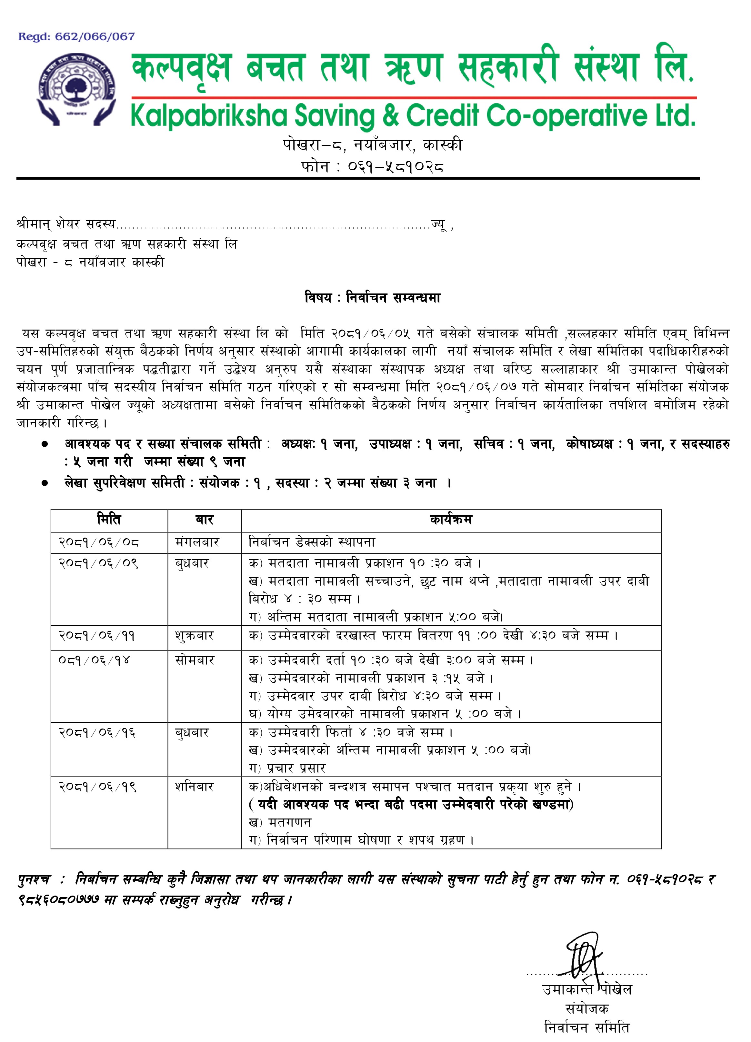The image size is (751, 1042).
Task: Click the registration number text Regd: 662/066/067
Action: point(76,36)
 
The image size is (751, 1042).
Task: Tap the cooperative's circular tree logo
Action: point(76,90)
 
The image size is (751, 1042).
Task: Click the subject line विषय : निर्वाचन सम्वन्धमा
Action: point(372,298)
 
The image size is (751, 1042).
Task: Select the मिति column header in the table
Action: point(109,520)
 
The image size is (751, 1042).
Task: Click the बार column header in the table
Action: point(204,520)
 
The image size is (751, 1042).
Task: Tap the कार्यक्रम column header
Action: point(450,520)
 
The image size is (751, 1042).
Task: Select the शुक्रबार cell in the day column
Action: point(195,636)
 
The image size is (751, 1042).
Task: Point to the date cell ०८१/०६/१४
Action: point(95,660)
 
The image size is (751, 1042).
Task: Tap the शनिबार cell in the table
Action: point(195,787)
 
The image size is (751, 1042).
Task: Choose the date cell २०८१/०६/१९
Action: point(97,787)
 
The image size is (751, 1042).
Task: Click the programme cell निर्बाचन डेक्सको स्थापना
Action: point(312,542)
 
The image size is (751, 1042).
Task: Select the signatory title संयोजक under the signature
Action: point(587,1008)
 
